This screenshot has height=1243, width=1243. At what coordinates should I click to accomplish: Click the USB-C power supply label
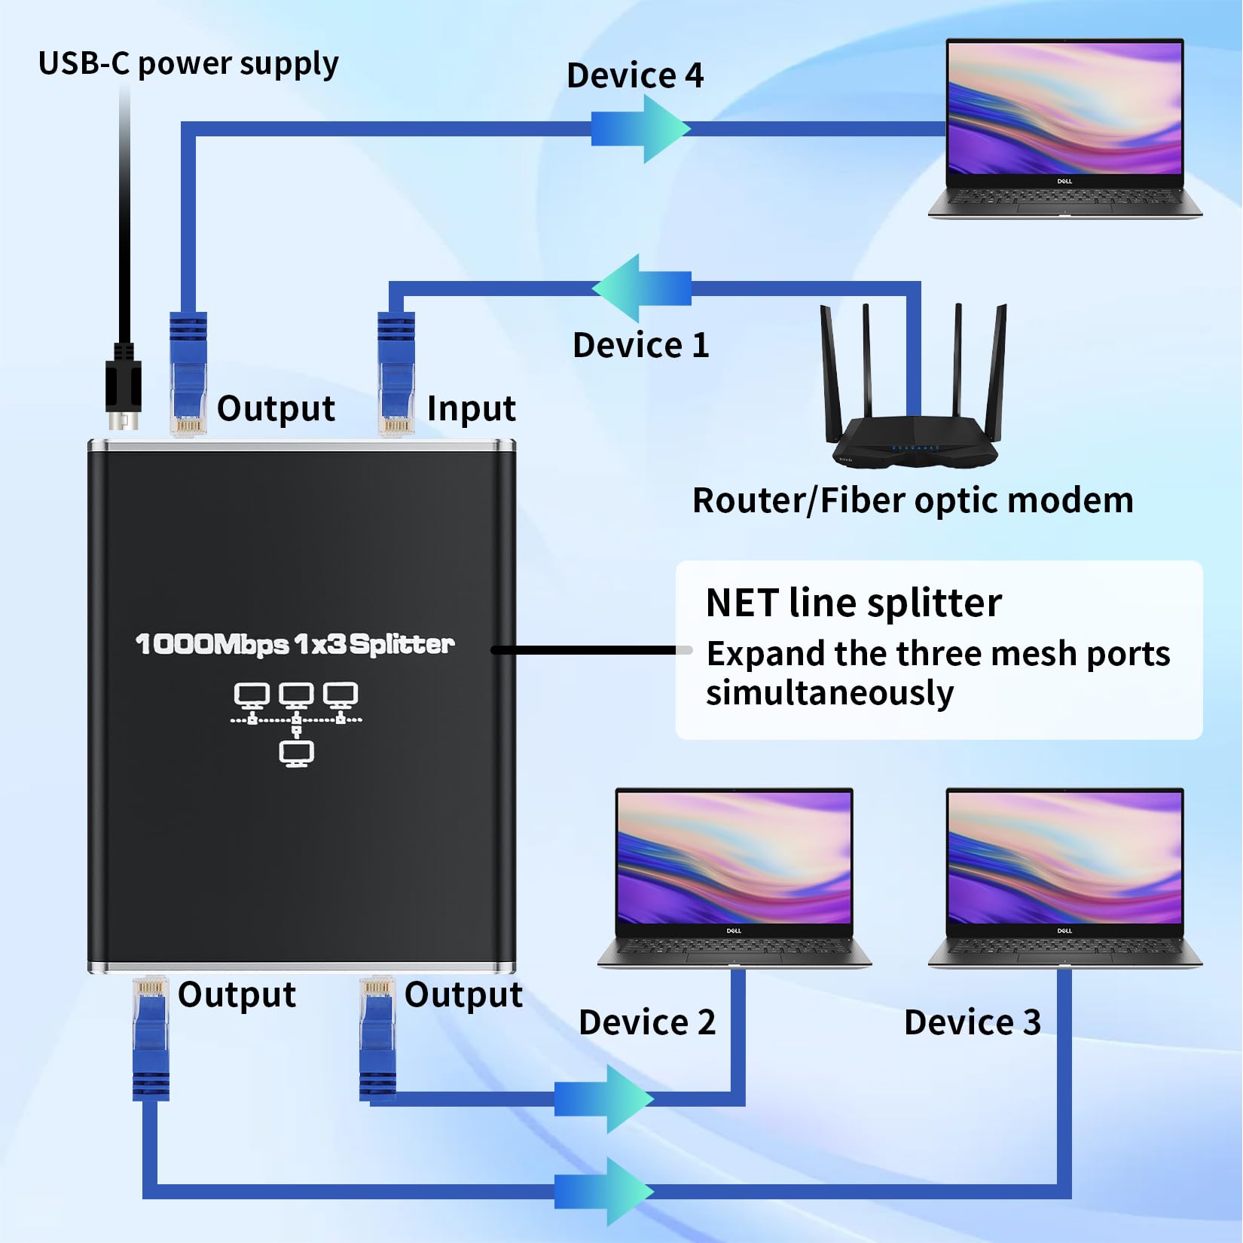[x=188, y=65]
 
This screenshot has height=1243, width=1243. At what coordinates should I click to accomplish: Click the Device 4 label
[x=634, y=76]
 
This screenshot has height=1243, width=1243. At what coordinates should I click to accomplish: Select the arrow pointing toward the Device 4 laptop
[x=640, y=129]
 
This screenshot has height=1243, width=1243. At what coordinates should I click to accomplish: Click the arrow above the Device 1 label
[x=642, y=289]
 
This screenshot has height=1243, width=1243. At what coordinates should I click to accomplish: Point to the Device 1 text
[x=640, y=346]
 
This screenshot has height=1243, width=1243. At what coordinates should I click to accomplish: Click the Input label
[x=471, y=409]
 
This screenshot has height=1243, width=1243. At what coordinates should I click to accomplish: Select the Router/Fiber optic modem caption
[x=912, y=501]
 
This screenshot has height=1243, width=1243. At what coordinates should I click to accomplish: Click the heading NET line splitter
[x=853, y=603]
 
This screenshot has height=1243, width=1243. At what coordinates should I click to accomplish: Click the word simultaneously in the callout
[x=829, y=693]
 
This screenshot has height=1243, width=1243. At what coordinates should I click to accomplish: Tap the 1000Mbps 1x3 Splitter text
[x=295, y=644]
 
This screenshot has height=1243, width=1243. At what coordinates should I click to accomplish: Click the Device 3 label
[x=972, y=1023]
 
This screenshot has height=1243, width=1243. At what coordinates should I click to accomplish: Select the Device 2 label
[x=646, y=1023]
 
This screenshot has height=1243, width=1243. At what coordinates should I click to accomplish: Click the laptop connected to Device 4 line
[x=1064, y=128]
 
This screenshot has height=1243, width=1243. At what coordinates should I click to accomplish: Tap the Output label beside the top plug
[x=276, y=409]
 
